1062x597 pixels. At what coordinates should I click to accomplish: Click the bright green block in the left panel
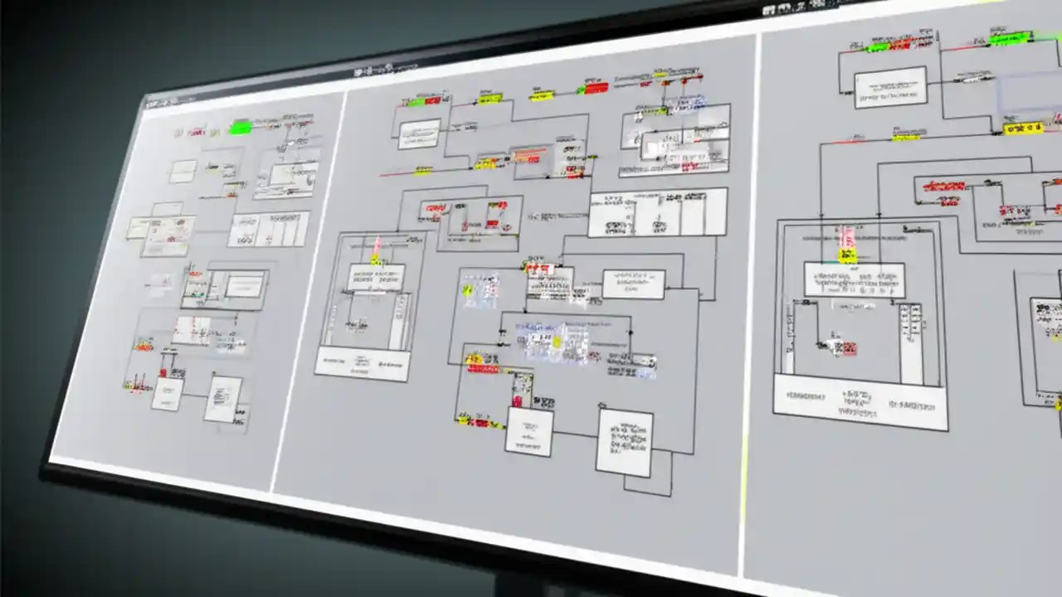[x=241, y=128]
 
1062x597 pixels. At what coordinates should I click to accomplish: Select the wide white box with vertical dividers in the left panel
[x=268, y=229]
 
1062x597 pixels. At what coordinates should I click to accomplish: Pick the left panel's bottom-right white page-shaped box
[x=222, y=399]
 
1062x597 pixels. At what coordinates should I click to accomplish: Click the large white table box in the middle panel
[x=657, y=212]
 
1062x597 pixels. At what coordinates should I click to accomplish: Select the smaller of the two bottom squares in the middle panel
[x=529, y=431]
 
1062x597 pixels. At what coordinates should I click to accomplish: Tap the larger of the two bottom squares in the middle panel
[x=624, y=443]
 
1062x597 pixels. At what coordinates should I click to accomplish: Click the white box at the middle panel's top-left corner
[x=419, y=133]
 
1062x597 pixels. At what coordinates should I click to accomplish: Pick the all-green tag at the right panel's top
[x=1011, y=38]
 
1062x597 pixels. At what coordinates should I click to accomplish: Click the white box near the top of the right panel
[x=890, y=87]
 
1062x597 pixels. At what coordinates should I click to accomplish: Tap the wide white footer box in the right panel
[x=860, y=402]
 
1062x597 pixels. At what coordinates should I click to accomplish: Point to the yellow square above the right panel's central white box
[x=847, y=255]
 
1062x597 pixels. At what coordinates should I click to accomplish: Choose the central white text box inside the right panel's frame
[x=854, y=280]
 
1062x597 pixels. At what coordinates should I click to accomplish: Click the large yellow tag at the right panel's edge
[x=1022, y=129]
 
